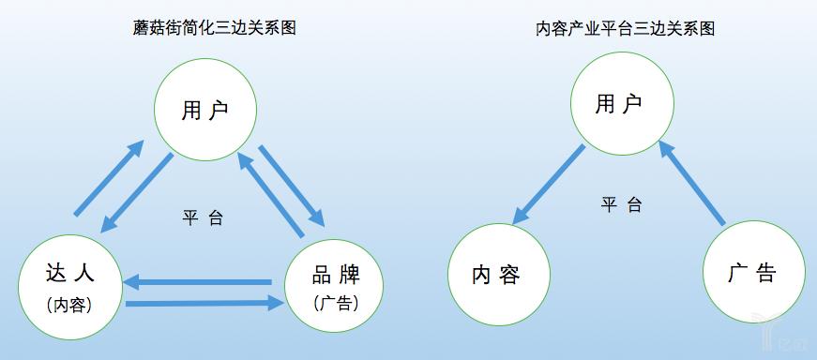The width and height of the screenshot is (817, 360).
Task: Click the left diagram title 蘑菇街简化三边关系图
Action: click(215, 28)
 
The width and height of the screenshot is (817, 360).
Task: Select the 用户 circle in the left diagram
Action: click(205, 111)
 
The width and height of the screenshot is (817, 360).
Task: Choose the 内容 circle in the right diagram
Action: click(497, 275)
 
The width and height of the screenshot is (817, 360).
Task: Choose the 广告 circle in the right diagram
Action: click(753, 273)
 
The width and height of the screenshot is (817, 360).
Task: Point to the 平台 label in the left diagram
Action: click(203, 217)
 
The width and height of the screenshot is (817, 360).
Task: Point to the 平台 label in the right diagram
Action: click(621, 204)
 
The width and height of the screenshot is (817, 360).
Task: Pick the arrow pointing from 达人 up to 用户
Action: click(108, 178)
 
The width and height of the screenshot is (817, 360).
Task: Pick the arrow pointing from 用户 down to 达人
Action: click(137, 193)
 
